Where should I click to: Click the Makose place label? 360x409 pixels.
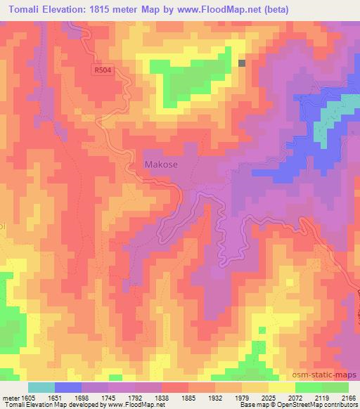coord(161,164)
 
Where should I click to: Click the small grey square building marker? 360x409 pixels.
coord(242,63)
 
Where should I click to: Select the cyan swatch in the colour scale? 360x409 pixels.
coord(41,387)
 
